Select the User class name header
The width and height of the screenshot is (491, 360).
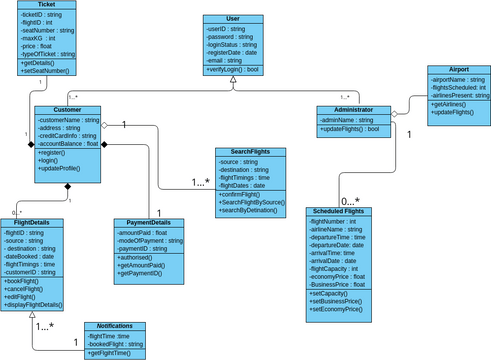(233, 20)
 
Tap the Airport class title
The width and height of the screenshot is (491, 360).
(458, 70)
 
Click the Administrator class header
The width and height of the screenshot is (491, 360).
(354, 109)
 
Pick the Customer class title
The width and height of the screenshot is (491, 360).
(67, 110)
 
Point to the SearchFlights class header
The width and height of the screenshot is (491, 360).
(242, 152)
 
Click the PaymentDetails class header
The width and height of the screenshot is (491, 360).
(149, 222)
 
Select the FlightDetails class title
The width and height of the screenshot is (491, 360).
(33, 222)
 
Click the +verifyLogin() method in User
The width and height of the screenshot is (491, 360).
(233, 70)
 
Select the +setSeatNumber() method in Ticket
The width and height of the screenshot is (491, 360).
(46, 71)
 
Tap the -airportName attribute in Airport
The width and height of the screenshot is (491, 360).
(459, 79)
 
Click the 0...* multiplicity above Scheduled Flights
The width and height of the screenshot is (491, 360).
(350, 200)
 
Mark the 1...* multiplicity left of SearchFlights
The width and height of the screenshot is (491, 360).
(200, 182)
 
